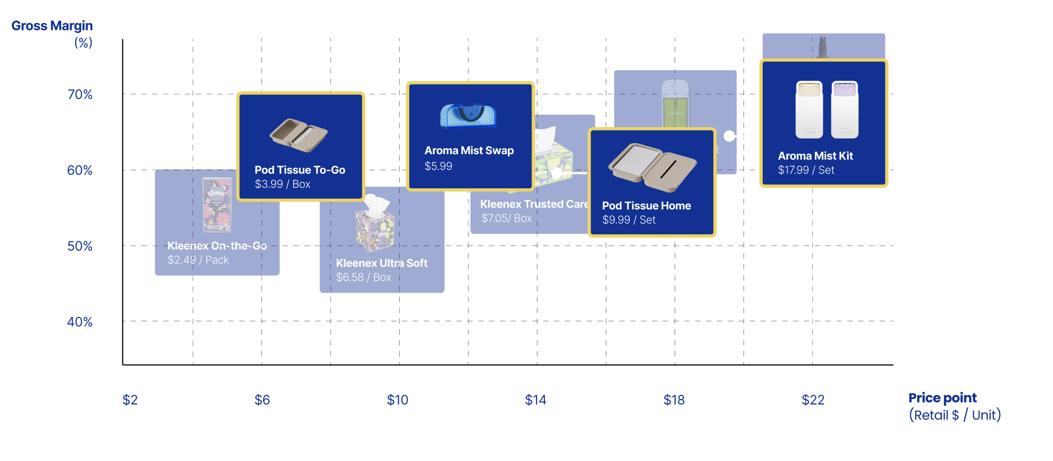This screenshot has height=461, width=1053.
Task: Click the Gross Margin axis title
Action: click(x=52, y=26)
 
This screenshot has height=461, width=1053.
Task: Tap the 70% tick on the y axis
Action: click(x=80, y=94)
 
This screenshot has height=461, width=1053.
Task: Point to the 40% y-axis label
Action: click(x=80, y=322)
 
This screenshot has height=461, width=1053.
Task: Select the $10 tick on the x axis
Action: click(x=397, y=400)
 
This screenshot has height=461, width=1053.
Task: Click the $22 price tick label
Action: click(x=813, y=400)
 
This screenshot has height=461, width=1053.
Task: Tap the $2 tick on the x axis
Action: click(x=130, y=400)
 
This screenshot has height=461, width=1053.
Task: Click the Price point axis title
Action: click(x=942, y=398)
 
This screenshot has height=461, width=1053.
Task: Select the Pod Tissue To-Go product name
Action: click(x=300, y=170)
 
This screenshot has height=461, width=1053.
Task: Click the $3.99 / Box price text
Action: click(x=282, y=184)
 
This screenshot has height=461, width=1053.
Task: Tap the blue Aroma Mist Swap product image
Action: click(x=468, y=116)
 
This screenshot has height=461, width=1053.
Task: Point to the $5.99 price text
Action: click(x=438, y=166)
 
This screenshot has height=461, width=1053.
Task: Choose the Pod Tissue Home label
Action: click(x=646, y=206)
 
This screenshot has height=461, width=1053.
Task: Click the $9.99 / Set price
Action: click(x=628, y=220)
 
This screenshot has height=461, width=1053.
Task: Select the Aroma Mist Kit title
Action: click(x=815, y=156)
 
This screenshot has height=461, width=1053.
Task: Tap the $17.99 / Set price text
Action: click(x=806, y=170)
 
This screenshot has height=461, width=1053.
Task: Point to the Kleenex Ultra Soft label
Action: click(x=381, y=263)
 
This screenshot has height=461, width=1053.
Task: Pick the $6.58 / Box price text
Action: click(x=363, y=277)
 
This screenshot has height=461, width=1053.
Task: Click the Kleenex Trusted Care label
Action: click(x=534, y=204)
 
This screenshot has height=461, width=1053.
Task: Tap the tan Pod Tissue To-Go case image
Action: click(x=299, y=135)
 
